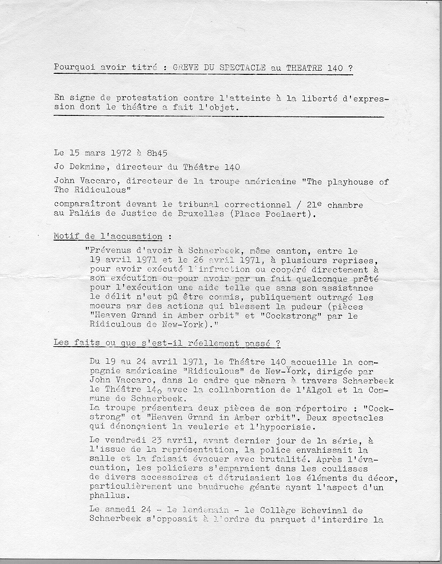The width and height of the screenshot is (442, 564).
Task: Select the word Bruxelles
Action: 218,214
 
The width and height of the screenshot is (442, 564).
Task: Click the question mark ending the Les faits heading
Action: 278,343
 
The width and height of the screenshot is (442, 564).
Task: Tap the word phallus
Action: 106,496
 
